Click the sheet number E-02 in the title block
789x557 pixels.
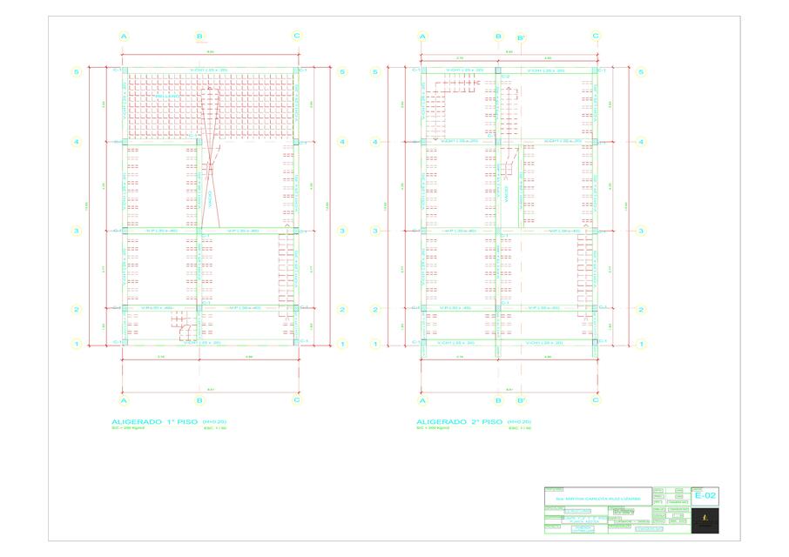(x=708, y=496)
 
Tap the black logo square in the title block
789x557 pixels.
(x=705, y=522)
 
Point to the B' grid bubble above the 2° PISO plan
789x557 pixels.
(x=521, y=37)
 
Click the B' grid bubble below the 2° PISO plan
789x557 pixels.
(x=521, y=400)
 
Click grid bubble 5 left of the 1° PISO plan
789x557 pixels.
(x=77, y=72)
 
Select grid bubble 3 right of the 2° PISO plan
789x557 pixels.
(x=640, y=231)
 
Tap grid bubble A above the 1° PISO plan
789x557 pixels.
(x=125, y=37)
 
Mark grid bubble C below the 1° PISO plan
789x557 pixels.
(x=297, y=400)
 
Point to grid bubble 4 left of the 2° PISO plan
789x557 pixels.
(x=375, y=142)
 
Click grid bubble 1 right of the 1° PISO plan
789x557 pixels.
(x=342, y=344)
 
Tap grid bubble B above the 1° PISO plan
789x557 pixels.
(x=199, y=37)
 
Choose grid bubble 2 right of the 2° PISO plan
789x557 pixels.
(x=640, y=309)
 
